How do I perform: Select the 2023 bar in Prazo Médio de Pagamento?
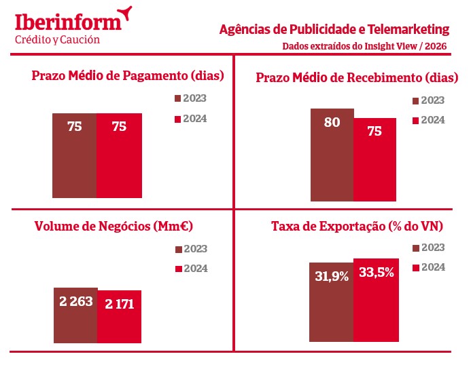coord(75,155)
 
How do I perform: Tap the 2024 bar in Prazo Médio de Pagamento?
coord(119,155)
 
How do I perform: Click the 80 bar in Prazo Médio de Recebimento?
coord(332,155)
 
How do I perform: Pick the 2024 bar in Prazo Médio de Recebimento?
coord(374,160)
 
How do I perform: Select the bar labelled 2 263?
coord(75,315)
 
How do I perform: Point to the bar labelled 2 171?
coord(119,317)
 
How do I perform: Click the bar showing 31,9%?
coord(332,302)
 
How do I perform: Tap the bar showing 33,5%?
coord(374,300)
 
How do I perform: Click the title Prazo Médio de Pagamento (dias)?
coord(128,75)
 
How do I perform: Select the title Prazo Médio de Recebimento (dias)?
coord(351,77)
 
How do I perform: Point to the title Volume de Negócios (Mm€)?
coord(114,227)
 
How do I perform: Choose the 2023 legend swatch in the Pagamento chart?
coord(178,99)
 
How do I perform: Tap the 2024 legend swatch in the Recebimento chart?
coord(417,121)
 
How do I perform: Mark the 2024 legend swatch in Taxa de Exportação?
coord(417,267)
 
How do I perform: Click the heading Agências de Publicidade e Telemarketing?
coord(334,30)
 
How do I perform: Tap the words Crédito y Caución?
coord(57,39)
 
